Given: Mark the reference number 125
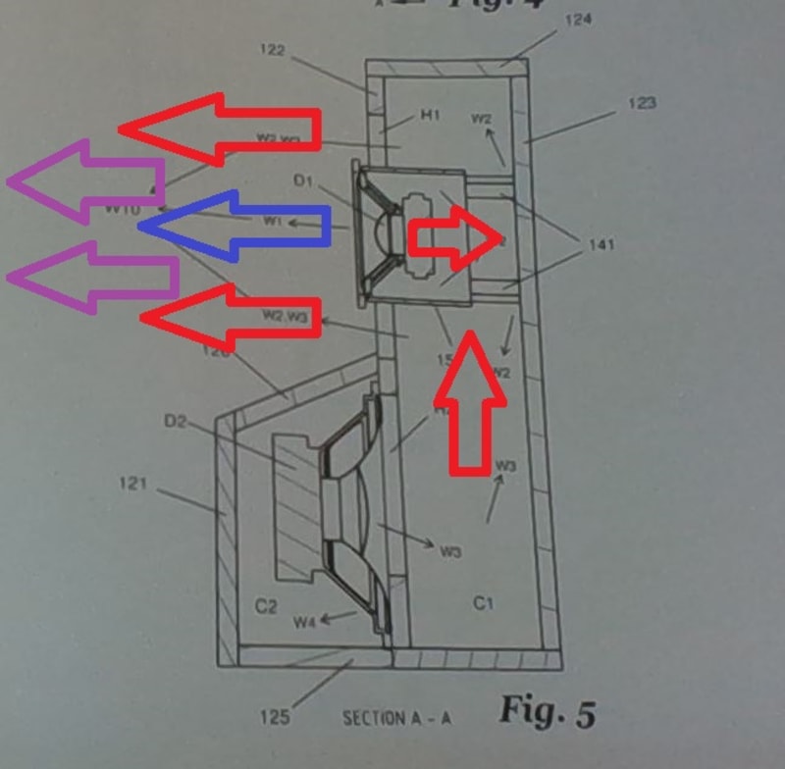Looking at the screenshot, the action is pyautogui.click(x=275, y=717).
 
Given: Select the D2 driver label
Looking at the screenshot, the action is pyautogui.click(x=176, y=422).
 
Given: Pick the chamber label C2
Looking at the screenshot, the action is pyautogui.click(x=266, y=607).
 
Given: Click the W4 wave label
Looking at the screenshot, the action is pyautogui.click(x=305, y=621).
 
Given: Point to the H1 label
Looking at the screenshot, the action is pyautogui.click(x=430, y=117).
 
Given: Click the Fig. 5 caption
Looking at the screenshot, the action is pyautogui.click(x=546, y=710).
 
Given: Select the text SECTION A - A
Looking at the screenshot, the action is pyautogui.click(x=396, y=718).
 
